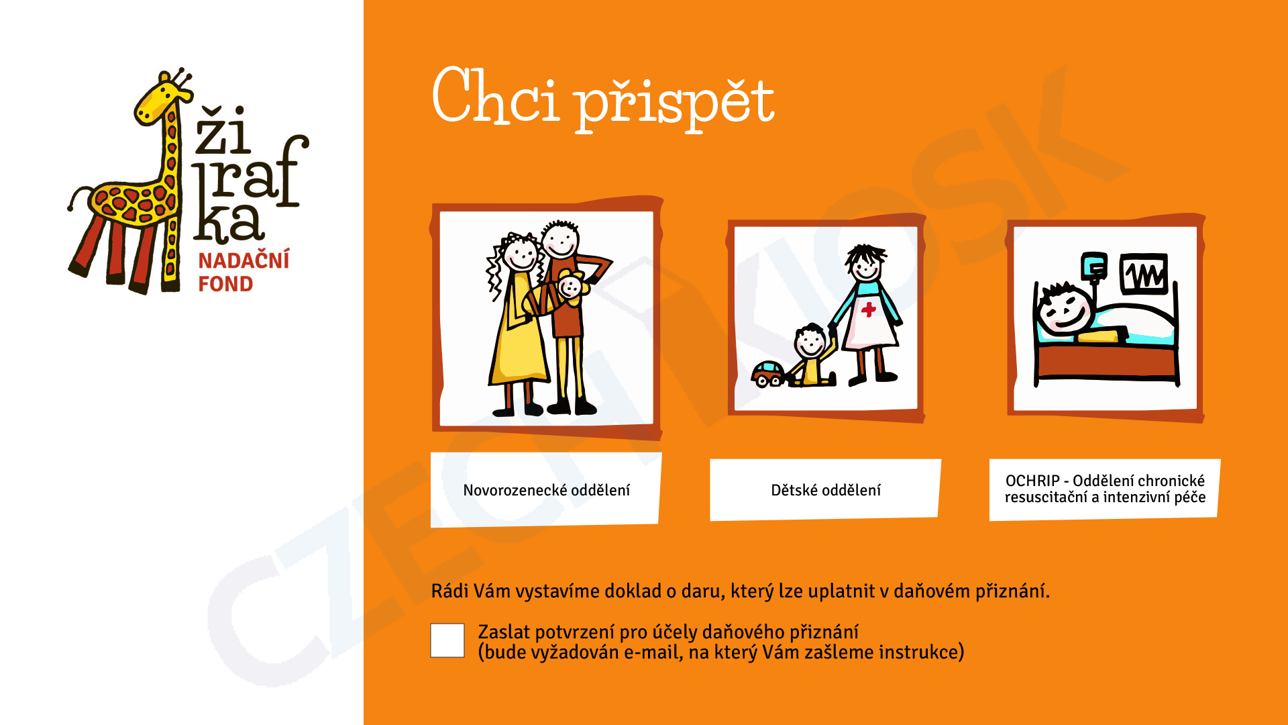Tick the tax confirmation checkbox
point(447,640)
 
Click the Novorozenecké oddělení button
point(546,490)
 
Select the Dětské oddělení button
point(825,490)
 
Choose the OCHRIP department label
point(1105,489)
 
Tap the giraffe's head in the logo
point(161,97)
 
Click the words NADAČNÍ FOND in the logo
point(244,272)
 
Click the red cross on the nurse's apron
point(869,309)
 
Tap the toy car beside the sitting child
point(769,374)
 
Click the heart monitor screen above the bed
point(1144,274)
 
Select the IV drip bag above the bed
point(1094,265)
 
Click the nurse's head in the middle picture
point(865,263)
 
